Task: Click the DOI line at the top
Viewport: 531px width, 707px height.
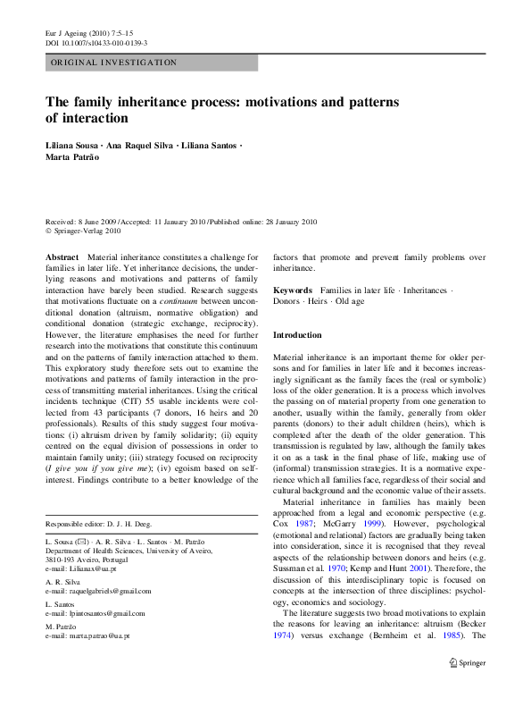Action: point(96,42)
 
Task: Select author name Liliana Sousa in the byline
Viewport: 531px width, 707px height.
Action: point(75,144)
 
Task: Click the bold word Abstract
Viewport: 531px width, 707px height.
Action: point(61,257)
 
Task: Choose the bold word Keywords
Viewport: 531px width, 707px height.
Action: point(292,290)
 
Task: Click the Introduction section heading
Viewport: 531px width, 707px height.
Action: point(297,335)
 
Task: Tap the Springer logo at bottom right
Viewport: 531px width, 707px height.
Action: point(467,688)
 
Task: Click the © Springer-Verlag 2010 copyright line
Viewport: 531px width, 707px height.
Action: point(86,230)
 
